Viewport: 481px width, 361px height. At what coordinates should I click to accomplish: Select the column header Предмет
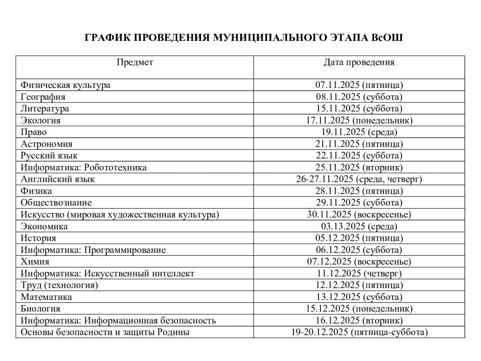click(135, 62)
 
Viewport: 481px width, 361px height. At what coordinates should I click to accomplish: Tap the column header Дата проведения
click(359, 62)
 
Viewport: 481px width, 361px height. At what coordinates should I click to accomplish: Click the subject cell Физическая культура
click(66, 85)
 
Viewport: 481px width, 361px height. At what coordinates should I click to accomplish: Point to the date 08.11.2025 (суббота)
click(359, 97)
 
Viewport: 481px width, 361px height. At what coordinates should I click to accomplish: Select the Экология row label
click(41, 120)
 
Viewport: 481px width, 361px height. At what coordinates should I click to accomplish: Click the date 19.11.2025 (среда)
click(359, 132)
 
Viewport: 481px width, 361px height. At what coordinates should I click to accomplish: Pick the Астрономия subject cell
click(47, 144)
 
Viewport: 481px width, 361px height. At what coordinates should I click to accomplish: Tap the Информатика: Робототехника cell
click(84, 167)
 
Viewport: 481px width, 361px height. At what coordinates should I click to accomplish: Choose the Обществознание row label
click(56, 203)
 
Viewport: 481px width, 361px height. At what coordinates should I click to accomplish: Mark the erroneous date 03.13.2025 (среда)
click(359, 226)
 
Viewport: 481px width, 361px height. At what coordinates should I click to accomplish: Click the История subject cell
click(39, 238)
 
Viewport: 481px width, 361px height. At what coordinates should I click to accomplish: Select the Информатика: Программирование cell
click(93, 250)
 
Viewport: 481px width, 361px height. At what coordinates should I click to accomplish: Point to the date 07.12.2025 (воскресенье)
click(359, 261)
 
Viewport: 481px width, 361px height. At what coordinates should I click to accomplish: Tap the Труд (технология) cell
click(59, 285)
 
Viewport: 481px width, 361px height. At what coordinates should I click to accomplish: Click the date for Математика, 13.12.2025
click(359, 297)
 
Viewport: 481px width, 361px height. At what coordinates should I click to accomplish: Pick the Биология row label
click(40, 309)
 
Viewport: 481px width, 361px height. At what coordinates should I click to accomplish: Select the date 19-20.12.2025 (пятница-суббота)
click(359, 332)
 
